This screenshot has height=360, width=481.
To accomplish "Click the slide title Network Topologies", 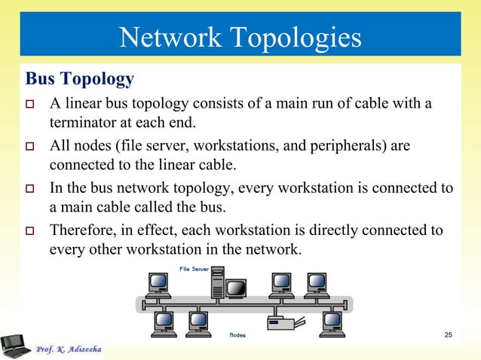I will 240,36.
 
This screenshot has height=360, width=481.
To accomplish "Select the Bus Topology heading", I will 80,78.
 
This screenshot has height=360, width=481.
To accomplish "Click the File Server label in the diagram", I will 194,270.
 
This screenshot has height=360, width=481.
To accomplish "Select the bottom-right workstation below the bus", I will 332,322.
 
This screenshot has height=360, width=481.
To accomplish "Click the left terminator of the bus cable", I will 139,305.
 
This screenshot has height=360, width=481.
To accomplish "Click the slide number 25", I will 448,334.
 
